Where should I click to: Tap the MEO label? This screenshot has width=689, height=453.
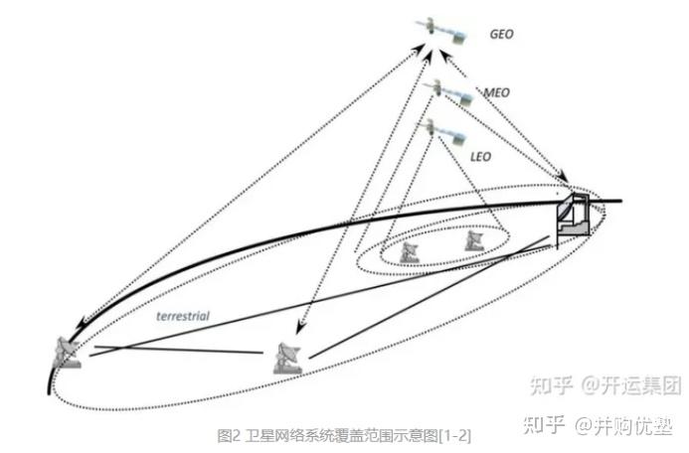click(x=496, y=92)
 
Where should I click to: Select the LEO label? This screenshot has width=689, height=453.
click(x=481, y=156)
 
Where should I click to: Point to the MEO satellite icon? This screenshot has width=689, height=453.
click(x=443, y=92)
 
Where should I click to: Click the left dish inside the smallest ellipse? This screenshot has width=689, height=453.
click(x=409, y=250)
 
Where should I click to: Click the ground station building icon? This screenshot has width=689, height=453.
click(x=572, y=214)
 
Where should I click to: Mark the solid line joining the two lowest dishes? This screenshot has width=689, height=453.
click(x=179, y=354)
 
